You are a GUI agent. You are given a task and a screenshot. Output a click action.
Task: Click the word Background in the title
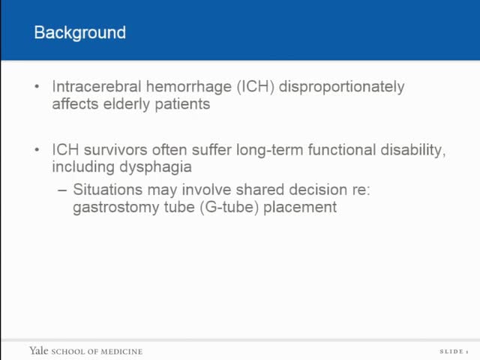pos(80,33)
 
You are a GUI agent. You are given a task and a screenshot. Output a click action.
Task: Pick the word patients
pos(183,104)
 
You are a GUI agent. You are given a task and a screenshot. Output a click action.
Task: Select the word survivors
pos(113,151)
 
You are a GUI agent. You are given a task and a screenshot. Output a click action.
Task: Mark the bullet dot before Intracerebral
pos(37,87)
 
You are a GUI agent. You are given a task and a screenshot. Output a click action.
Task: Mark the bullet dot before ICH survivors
pos(37,151)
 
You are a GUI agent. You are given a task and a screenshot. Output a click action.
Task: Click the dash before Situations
pos(62,190)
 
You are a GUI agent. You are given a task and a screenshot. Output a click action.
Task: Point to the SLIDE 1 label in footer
pos(453,352)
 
